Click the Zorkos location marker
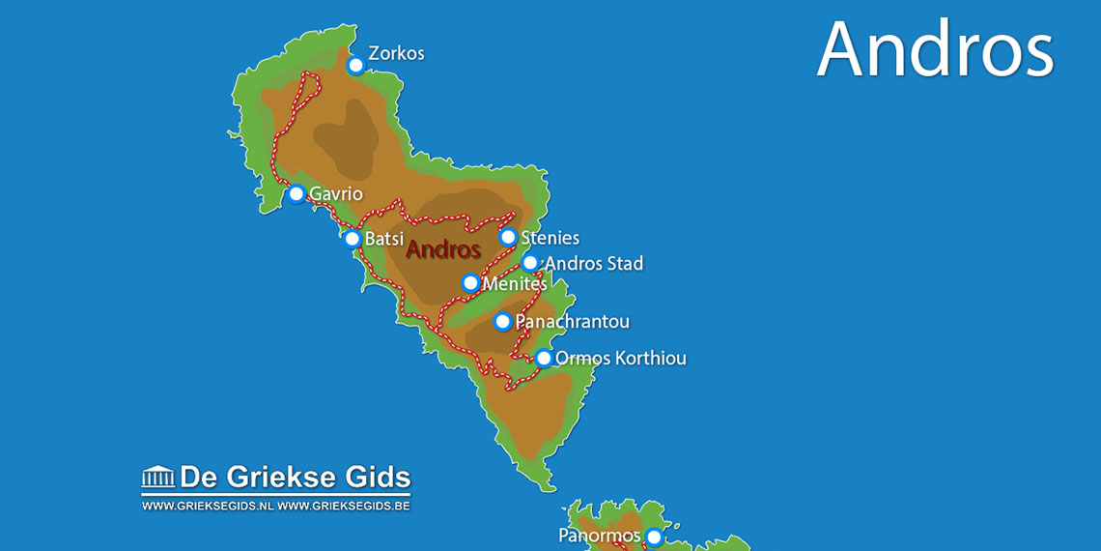tap(355, 66)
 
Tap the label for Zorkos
tap(396, 54)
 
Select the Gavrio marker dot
tap(296, 194)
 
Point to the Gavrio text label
tap(336, 194)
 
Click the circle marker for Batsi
tap(353, 239)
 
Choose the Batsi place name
tap(383, 239)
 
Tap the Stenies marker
tap(508, 237)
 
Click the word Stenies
tap(550, 238)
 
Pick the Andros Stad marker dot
tap(530, 263)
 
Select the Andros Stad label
tap(593, 264)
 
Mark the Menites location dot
tap(470, 283)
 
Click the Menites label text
tap(514, 284)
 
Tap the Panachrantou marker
tap(502, 322)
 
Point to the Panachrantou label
tap(572, 322)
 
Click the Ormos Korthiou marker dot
tap(544, 359)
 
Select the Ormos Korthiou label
tap(620, 359)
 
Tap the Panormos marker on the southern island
tap(654, 537)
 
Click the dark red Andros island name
tap(443, 249)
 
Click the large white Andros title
tap(935, 48)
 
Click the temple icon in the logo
tap(158, 477)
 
